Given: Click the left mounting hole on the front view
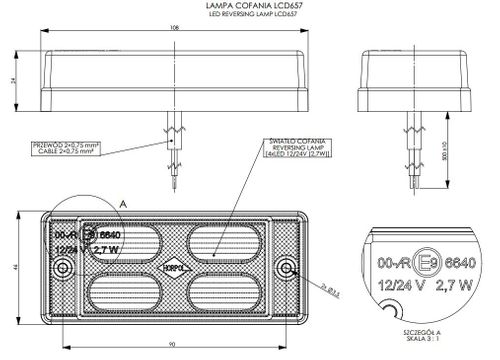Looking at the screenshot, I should pos(63,268).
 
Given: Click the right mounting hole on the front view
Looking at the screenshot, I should pos(289,268).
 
